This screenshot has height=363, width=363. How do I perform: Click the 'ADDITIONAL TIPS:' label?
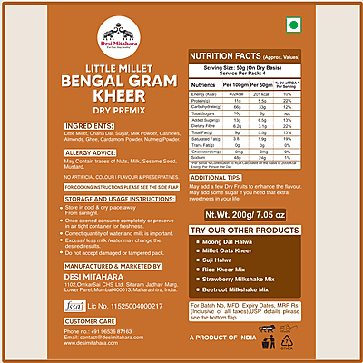[220, 177]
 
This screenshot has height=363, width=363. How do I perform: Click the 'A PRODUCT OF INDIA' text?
[221, 337]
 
